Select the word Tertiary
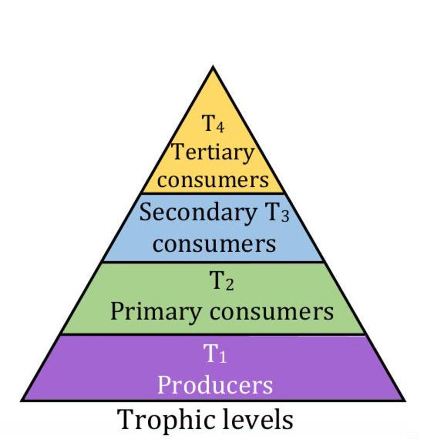pyautogui.click(x=213, y=152)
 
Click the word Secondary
pyautogui.click(x=198, y=213)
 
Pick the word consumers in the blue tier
pyautogui.click(x=214, y=244)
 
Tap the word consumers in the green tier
pyautogui.click(x=271, y=312)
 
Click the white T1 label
pyautogui.click(x=214, y=354)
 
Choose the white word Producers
pyautogui.click(x=215, y=385)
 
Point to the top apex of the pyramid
pyautogui.click(x=213, y=67)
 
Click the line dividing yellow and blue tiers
pyautogui.click(x=213, y=193)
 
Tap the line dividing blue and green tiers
pyautogui.click(x=213, y=262)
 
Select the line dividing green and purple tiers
pyautogui.click(x=213, y=334)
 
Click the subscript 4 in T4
pyautogui.click(x=219, y=127)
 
